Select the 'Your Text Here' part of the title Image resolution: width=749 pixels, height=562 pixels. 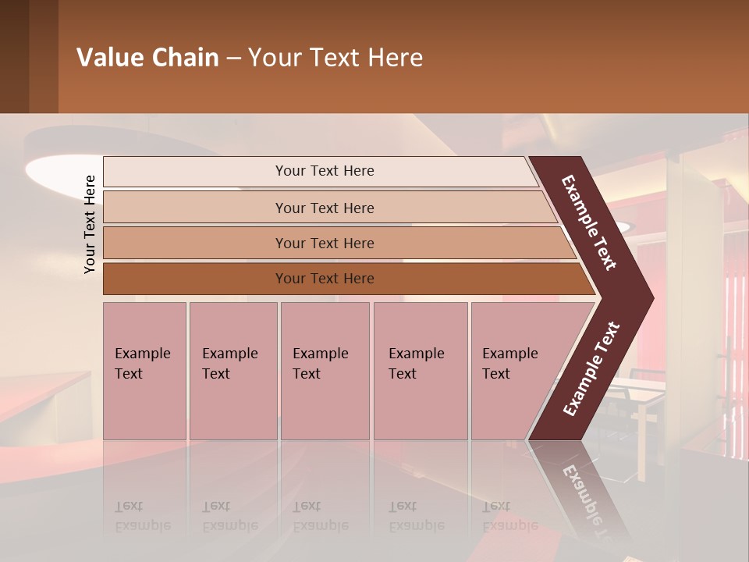(335, 58)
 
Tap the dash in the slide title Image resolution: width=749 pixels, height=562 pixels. (233, 59)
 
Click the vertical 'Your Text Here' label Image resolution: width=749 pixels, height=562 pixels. (90, 224)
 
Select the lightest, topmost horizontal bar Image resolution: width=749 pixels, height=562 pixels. (324, 171)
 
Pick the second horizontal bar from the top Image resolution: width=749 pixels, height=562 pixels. (324, 208)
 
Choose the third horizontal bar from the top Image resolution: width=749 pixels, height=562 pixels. (324, 243)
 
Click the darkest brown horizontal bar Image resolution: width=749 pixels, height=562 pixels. (324, 279)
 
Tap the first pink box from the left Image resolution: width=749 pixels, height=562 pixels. (144, 371)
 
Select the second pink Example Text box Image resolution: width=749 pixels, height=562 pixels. (233, 371)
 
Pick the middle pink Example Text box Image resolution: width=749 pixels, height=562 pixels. (325, 371)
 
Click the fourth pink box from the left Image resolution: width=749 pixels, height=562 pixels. (421, 371)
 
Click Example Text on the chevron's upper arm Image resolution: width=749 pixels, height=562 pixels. (589, 223)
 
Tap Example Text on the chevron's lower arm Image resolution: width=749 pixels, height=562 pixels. (591, 369)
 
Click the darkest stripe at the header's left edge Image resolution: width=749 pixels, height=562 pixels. (14, 56)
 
